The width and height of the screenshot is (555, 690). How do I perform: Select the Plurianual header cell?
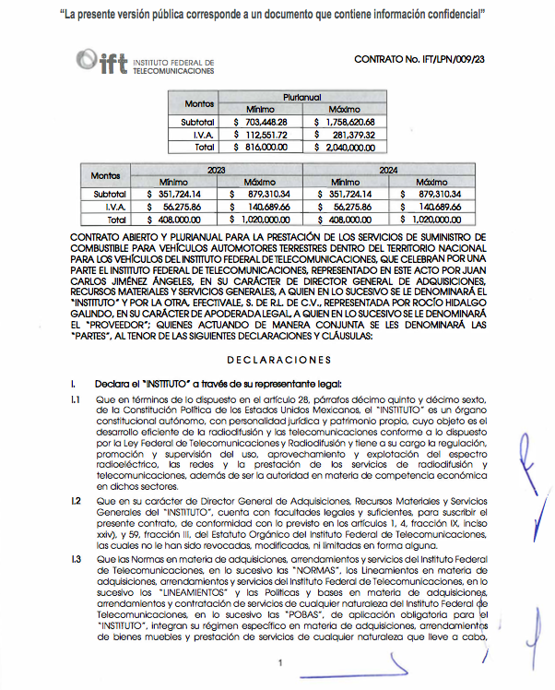point(303,96)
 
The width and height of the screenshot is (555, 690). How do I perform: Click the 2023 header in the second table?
point(216,170)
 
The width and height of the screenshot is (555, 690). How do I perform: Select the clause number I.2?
point(77,499)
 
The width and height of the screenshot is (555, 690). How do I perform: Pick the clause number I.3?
point(77,560)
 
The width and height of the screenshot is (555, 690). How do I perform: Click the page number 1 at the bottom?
point(278,664)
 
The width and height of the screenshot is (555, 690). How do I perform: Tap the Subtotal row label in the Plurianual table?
point(197,122)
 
